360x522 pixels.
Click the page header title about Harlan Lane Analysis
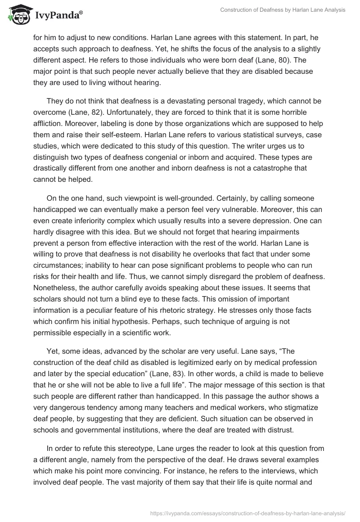click(283, 10)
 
